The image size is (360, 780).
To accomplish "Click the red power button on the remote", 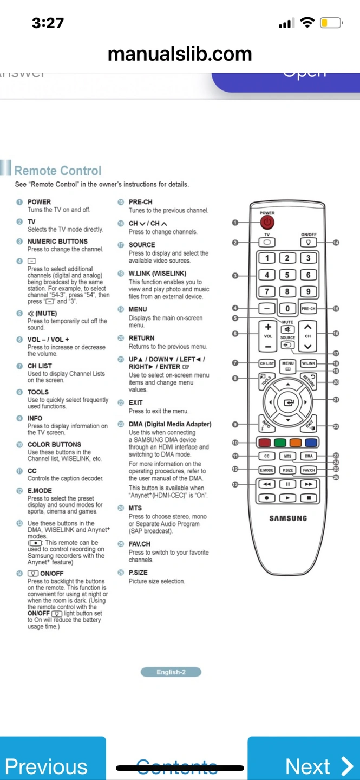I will [267, 222].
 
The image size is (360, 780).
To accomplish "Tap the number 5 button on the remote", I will [287, 275].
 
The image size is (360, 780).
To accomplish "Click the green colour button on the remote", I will [280, 443].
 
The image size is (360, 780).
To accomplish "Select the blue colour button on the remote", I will [311, 443].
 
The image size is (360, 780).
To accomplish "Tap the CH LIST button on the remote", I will [267, 363].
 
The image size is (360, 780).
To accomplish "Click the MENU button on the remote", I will [287, 363].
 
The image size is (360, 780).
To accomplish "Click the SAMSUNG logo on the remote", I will [288, 518].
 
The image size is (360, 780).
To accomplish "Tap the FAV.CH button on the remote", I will [309, 470].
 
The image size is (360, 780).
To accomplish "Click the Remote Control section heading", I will [58, 171].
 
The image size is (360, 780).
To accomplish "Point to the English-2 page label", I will [171, 672].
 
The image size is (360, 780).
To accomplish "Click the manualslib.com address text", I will [180, 54].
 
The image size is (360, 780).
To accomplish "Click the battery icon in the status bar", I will [331, 23].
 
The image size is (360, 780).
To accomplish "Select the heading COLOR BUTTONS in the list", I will [54, 445].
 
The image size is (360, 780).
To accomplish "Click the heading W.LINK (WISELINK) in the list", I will [158, 274].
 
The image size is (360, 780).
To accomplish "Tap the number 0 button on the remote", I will [287, 309].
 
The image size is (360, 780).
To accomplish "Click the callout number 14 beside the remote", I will [336, 243].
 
